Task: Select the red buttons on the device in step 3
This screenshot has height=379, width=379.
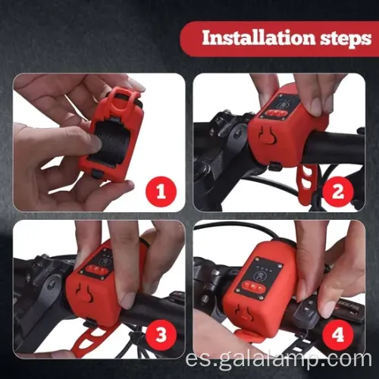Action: point(96,269)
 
